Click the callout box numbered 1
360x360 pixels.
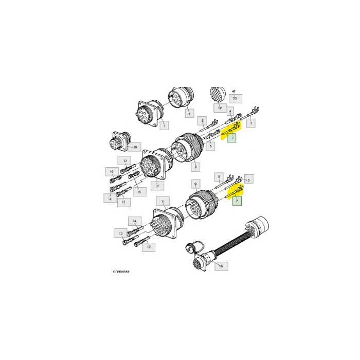tap(164, 125)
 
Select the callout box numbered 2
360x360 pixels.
tap(189, 112)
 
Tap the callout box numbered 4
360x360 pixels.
tap(230, 111)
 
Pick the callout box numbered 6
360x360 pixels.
tap(211, 146)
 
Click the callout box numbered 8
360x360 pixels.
tap(195, 166)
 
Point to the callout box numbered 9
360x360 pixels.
tap(195, 183)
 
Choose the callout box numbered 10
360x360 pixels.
tap(135, 147)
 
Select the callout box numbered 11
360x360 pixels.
tap(163, 201)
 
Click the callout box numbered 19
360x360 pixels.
tap(219, 108)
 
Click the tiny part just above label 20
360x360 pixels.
tap(233, 91)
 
